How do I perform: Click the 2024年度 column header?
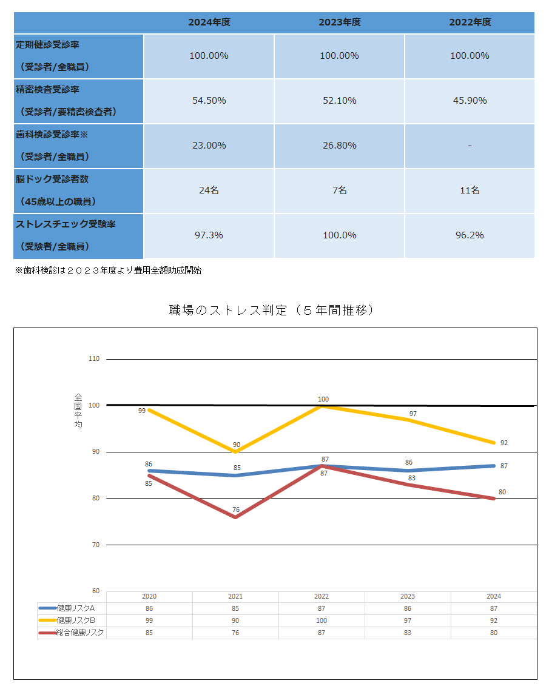coord(209,22)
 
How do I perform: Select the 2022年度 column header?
coord(470,22)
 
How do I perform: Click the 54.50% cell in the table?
coord(209,101)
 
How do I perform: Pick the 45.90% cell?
coord(470,101)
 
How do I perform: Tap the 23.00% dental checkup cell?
coord(209,146)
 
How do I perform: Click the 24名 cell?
coord(209,190)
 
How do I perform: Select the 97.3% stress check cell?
coord(209,235)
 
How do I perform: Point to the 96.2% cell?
coord(470,235)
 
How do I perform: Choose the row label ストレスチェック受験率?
coord(66,224)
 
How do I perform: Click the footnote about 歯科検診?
coord(108,271)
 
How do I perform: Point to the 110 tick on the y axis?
coord(94,359)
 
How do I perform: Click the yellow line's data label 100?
coord(323,399)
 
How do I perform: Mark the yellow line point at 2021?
coord(235,452)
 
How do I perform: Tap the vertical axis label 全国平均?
coord(78,411)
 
